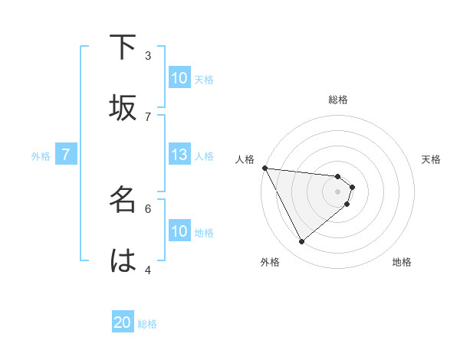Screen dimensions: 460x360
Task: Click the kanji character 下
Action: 123,47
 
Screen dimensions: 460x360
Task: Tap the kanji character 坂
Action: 123,108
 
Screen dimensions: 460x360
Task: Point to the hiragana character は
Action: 123,260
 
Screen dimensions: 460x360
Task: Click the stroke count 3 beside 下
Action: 148,55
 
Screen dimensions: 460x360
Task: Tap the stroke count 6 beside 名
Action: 148,208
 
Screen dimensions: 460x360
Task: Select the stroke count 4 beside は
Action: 148,269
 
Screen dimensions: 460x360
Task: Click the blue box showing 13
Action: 179,155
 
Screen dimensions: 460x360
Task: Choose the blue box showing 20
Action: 123,323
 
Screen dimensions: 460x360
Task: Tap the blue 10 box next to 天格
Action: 179,78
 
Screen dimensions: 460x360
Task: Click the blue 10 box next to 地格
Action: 179,231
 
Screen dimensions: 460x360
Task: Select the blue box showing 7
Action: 66,155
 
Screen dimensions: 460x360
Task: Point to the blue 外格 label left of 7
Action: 41,156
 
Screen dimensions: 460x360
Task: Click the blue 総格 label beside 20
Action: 147,324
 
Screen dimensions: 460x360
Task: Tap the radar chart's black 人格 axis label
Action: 245,159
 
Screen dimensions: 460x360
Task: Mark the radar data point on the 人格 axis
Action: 264,168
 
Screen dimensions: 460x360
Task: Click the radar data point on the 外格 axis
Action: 301,242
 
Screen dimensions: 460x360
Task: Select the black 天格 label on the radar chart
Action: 432,159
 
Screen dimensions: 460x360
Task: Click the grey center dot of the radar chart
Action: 338,191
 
